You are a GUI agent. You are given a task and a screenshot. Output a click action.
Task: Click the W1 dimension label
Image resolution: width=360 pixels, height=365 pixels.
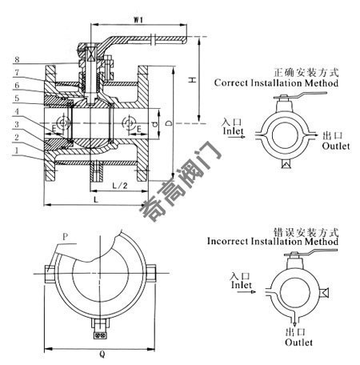[138, 19]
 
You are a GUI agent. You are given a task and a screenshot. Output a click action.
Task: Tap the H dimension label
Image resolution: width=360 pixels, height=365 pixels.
[192, 79]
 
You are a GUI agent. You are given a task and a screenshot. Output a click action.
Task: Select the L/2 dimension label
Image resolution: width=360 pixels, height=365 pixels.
[120, 185]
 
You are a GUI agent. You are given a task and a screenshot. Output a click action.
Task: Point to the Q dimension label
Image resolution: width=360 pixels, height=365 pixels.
[102, 355]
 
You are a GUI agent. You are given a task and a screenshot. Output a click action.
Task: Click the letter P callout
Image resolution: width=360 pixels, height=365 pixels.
[65, 237]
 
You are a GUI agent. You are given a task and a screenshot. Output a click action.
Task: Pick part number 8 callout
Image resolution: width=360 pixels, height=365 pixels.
[17, 59]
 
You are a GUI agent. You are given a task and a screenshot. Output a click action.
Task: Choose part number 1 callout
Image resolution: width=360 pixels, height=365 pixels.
[17, 150]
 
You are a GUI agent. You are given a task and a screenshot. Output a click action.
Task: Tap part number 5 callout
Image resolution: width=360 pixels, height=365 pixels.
[17, 98]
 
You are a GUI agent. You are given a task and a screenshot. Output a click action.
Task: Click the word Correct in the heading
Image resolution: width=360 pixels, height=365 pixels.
[231, 82]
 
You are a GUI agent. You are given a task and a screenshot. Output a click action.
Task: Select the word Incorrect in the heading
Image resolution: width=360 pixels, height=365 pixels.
[228, 241]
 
